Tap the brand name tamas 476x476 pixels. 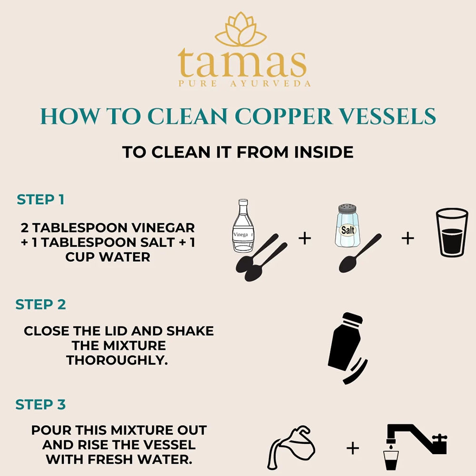coord(242,63)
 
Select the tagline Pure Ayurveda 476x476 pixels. coord(245,84)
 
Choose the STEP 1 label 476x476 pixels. coord(40,199)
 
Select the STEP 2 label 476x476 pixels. coord(40,304)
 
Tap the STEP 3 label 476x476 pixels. coord(40,405)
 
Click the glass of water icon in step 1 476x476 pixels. coord(452,233)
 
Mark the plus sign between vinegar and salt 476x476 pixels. coord(305,238)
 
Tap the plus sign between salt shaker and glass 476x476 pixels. coord(408,238)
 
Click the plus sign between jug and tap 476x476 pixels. coord(353,448)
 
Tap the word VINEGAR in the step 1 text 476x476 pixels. coord(160,228)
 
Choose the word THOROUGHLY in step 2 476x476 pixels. coord(117,360)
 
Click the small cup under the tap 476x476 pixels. coord(391,459)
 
